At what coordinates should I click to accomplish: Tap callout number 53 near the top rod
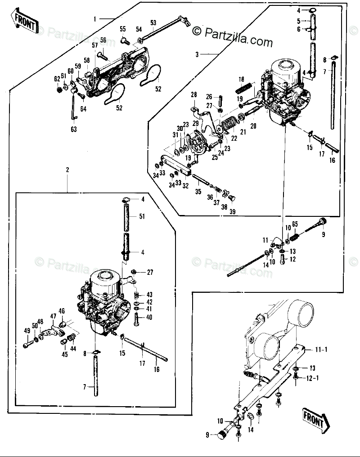pyautogui.click(x=153, y=23)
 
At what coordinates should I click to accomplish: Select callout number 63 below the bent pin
pyautogui.click(x=73, y=129)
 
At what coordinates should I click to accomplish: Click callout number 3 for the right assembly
pyautogui.click(x=197, y=54)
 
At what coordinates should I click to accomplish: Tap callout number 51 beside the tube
pyautogui.click(x=142, y=216)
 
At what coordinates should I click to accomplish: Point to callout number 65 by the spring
pyautogui.click(x=295, y=224)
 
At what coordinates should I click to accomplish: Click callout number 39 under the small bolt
pyautogui.click(x=233, y=212)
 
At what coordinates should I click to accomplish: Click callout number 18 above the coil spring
pyautogui.click(x=241, y=79)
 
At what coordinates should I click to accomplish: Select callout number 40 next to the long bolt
pyautogui.click(x=149, y=317)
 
